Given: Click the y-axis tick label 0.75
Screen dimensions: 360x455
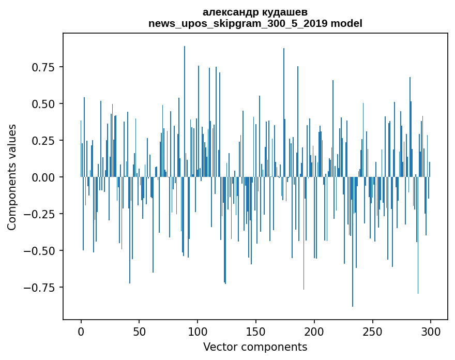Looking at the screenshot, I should pyautogui.click(x=44, y=67).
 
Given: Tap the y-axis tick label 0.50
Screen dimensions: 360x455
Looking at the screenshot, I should pyautogui.click(x=44, y=104).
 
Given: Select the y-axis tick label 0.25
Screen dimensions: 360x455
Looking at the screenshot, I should pyautogui.click(x=44, y=141).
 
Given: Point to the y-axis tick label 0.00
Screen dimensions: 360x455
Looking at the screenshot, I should pyautogui.click(x=44, y=177).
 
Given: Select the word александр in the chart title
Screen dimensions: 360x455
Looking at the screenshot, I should pyautogui.click(x=228, y=12).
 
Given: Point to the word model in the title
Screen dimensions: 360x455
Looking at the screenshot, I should pyautogui.click(x=347, y=23).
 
